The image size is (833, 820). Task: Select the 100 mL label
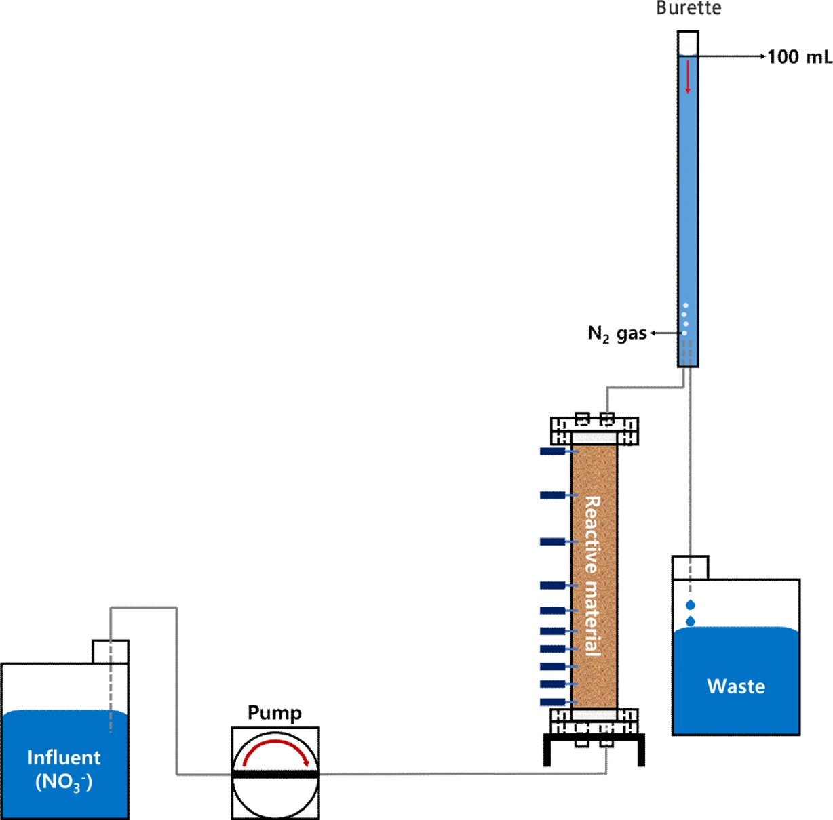[x=799, y=57]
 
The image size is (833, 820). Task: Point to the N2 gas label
[x=617, y=333]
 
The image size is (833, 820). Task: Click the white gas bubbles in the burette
[x=685, y=319]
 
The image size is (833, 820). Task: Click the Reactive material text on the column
[x=593, y=576]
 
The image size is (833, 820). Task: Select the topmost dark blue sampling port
[x=553, y=451]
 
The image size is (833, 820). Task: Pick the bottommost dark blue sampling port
[x=553, y=702]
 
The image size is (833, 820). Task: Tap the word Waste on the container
[x=736, y=686]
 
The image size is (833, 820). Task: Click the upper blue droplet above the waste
[x=691, y=604]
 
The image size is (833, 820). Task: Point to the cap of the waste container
[x=690, y=567]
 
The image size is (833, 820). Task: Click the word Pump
[x=275, y=713]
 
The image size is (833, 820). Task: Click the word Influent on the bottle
[x=64, y=758]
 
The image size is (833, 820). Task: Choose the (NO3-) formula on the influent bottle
[x=64, y=782]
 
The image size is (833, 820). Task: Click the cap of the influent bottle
[x=111, y=652]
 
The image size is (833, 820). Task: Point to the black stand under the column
[x=594, y=741]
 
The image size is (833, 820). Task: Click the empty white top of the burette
[x=688, y=43]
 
